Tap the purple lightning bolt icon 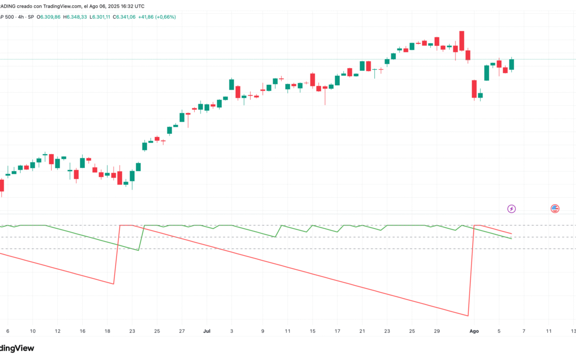pos(511,209)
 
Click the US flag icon pos(555,209)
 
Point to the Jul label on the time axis pos(206,331)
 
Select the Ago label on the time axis pos(474,331)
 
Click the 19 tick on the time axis pos(108,331)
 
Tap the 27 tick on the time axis pos(182,331)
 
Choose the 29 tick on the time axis pos(437,331)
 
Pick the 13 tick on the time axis pos(573,331)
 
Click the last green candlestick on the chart pos(511,65)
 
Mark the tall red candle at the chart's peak pos(462,41)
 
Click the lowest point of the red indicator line pos(468,315)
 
